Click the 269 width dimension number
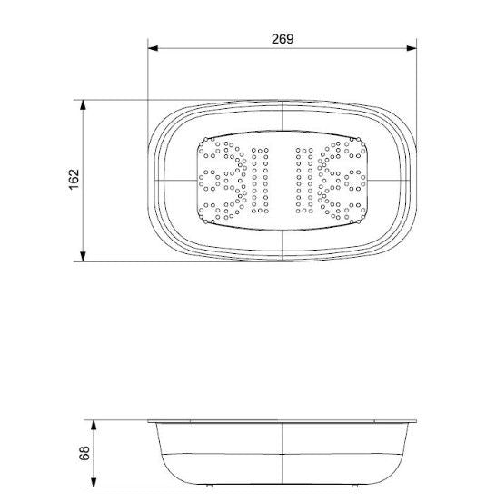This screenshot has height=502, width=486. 282,38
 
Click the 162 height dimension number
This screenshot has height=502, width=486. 74,180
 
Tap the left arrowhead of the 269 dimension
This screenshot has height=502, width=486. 154,49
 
